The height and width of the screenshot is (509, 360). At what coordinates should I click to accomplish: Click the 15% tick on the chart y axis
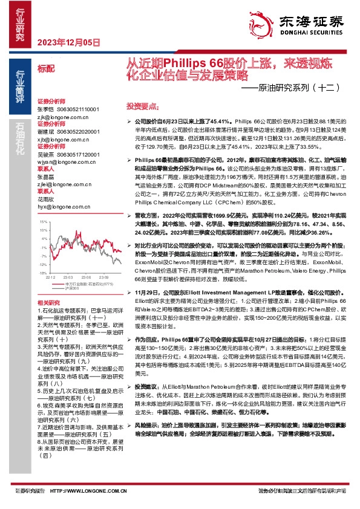(42, 206)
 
